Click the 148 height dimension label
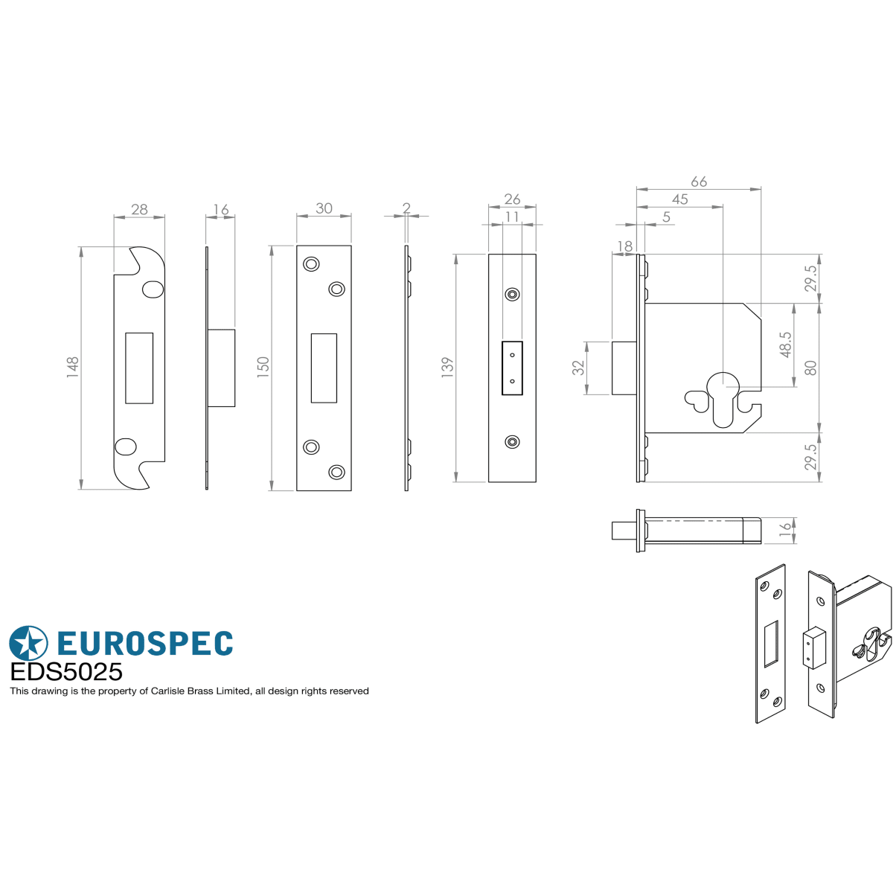pos(73,368)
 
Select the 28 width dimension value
pos(139,209)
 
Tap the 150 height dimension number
pos(263,367)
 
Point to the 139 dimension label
pos(447,368)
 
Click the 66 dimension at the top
pos(699,182)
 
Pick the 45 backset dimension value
pos(680,199)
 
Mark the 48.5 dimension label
pos(786,345)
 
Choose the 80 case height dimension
pos(810,368)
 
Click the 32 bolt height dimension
pos(578,368)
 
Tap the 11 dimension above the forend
pos(512,217)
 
